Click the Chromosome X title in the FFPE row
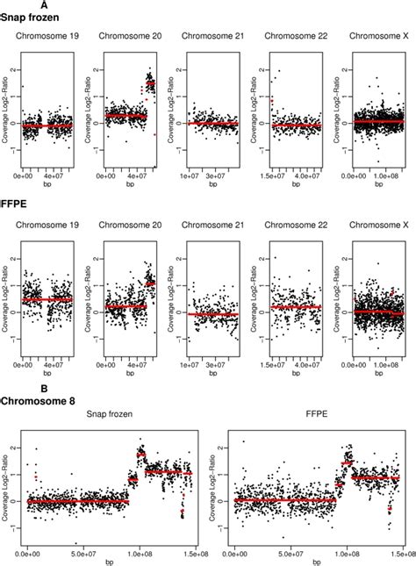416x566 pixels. tap(377, 233)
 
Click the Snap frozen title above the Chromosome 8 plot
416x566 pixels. tap(110, 420)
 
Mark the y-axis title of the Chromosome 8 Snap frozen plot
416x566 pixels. tap(7, 485)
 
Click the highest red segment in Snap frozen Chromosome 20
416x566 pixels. tap(150, 84)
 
